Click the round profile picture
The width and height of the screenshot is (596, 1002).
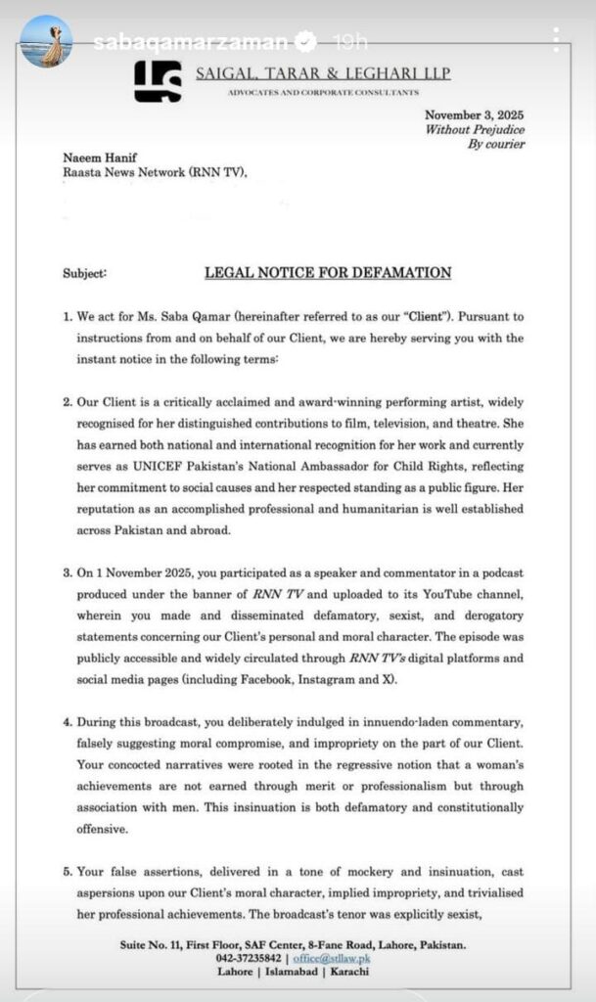click(45, 42)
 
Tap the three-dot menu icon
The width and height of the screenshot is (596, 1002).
click(556, 39)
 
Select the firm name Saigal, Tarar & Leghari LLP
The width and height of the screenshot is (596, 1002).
click(323, 74)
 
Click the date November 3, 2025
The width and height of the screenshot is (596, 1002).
click(476, 114)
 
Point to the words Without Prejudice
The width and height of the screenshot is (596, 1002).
click(475, 129)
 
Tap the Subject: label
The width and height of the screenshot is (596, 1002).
click(84, 274)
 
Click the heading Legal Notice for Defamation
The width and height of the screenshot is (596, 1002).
click(328, 273)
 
